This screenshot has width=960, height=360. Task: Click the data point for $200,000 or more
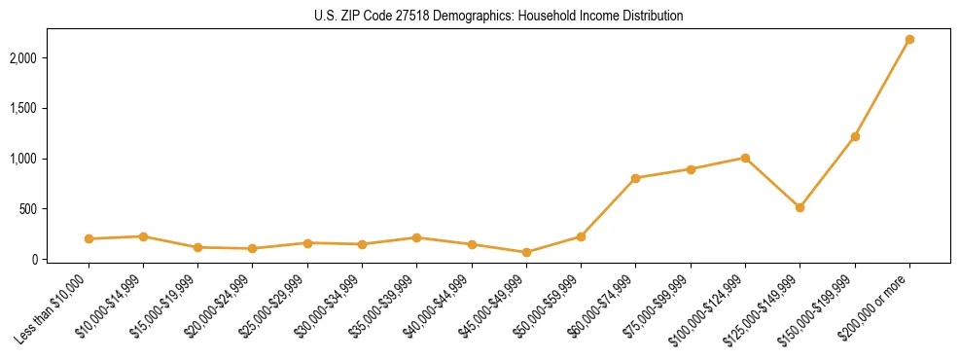(909, 39)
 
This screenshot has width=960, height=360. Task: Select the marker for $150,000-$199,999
(855, 136)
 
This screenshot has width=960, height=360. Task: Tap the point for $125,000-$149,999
(800, 207)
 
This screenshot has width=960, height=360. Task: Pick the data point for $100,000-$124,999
(745, 158)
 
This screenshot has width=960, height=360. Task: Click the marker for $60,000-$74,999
(635, 178)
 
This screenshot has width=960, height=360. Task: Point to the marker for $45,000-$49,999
(526, 252)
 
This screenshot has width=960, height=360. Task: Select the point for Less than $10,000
(89, 238)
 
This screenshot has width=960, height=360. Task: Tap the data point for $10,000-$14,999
(143, 236)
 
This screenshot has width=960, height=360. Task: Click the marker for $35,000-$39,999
(416, 237)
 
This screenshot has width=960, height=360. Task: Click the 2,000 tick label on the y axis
(50, 58)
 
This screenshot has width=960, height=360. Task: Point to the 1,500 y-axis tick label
(50, 108)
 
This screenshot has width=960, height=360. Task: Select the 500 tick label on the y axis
(55, 209)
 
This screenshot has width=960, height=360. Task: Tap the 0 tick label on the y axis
(61, 260)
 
